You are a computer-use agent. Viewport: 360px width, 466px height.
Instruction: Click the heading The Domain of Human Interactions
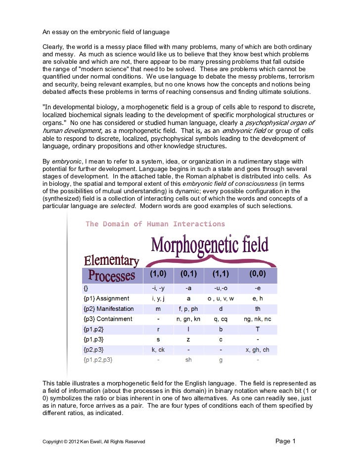pyautogui.click(x=155, y=224)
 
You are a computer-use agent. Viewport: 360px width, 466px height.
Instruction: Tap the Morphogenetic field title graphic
pyautogui.click(x=210, y=245)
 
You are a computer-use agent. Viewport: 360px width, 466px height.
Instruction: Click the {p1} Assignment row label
pyautogui.click(x=106, y=298)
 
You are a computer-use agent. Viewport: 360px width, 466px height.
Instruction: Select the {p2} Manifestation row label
pyautogui.click(x=109, y=309)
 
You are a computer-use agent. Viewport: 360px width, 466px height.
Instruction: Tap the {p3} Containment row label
pyautogui.click(x=108, y=319)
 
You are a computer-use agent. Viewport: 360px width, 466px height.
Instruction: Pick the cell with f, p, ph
pyautogui.click(x=188, y=309)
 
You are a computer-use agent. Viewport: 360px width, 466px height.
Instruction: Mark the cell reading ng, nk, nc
pyautogui.click(x=258, y=319)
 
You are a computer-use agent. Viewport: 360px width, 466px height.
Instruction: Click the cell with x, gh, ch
pyautogui.click(x=258, y=350)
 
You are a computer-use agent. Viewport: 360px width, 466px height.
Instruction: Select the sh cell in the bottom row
pyautogui.click(x=188, y=360)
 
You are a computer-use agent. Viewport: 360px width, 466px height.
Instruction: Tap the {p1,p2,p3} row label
pyautogui.click(x=98, y=360)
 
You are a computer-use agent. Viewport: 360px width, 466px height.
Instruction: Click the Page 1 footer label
pyautogui.click(x=285, y=441)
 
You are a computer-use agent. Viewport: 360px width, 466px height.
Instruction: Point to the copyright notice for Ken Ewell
pyautogui.click(x=94, y=441)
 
